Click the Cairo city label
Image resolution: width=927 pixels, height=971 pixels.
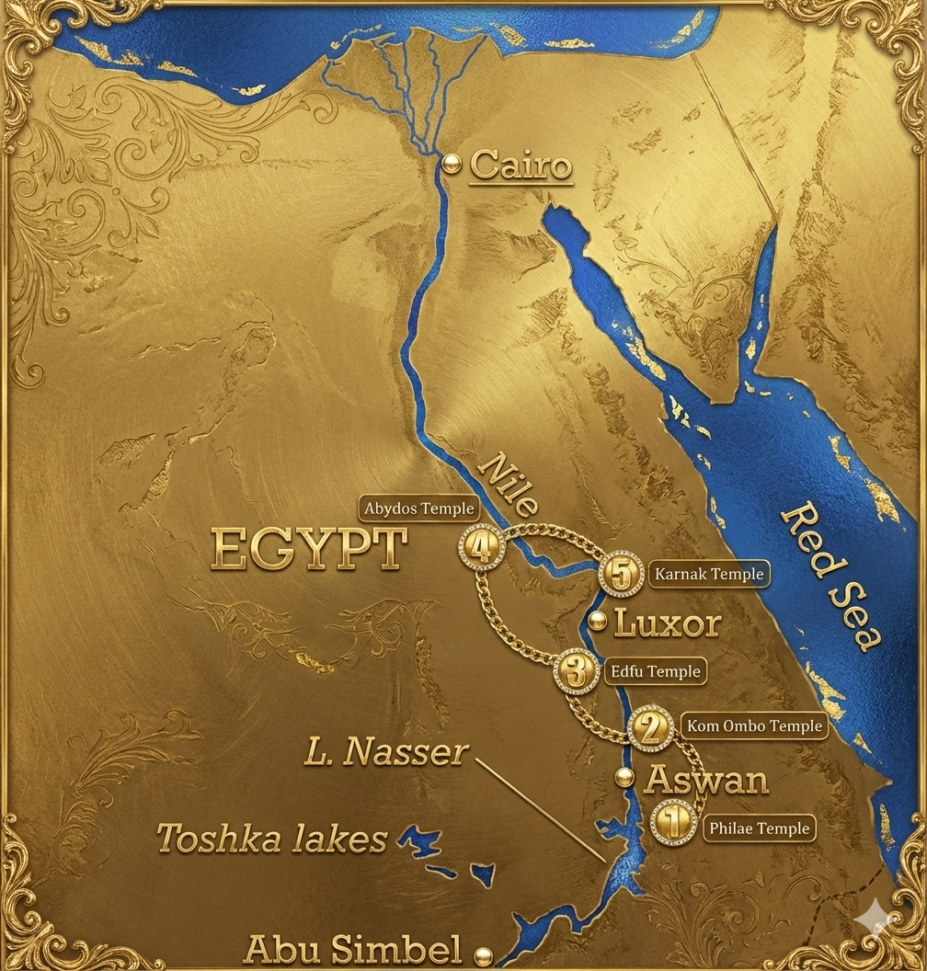521,166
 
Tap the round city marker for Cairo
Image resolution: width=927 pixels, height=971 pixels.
451,164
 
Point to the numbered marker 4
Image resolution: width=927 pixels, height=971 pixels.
480,547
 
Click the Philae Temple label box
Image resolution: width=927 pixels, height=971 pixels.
760,828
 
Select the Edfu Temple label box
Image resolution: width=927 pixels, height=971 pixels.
656,671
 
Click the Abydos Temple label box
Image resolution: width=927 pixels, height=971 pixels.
418,508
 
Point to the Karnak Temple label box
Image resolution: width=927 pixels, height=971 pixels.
708,575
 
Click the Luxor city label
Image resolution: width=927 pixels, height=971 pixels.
668,623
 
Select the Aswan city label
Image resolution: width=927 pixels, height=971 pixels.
705,780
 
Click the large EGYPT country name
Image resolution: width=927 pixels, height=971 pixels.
309,550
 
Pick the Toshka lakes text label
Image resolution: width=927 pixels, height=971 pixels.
271,839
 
